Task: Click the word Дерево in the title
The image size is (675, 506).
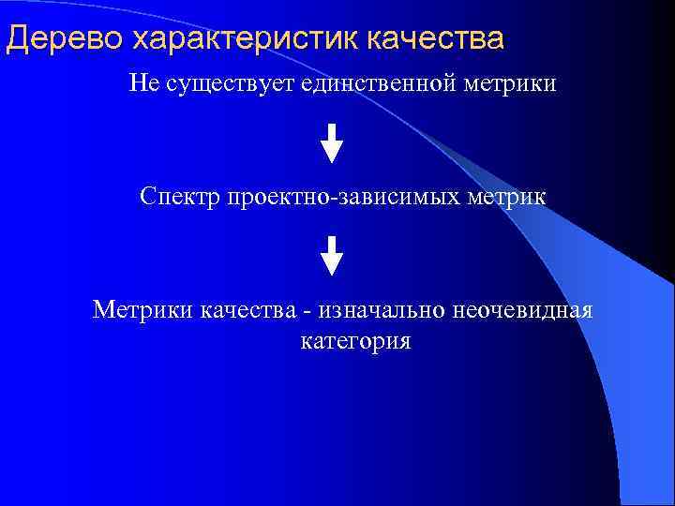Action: (x=65, y=39)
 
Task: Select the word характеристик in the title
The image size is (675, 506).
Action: (x=247, y=39)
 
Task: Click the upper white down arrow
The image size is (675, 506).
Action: (x=332, y=142)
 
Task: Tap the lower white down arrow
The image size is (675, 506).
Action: (x=332, y=255)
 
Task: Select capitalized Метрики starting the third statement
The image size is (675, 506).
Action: (x=142, y=309)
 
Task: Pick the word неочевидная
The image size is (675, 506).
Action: (x=512, y=309)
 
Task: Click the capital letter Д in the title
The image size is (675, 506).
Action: (x=17, y=39)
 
